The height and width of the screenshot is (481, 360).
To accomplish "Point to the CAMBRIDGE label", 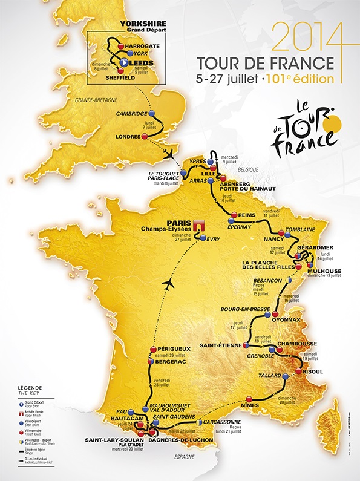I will click(x=131, y=113).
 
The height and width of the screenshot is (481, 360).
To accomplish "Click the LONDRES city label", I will click(x=126, y=137).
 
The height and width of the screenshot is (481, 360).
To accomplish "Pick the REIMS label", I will click(x=244, y=214).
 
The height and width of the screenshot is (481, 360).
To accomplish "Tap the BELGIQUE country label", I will click(x=262, y=171).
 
